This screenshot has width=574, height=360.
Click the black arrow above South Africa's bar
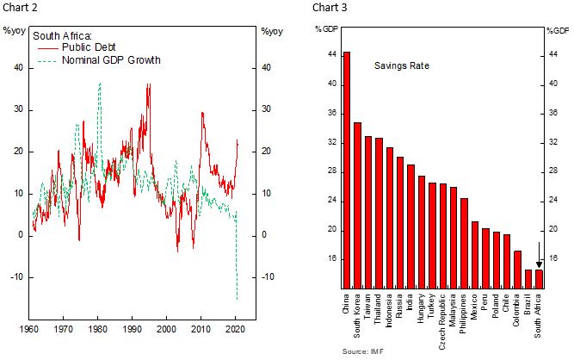tap(539, 256)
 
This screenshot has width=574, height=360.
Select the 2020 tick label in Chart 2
tap(233, 329)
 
